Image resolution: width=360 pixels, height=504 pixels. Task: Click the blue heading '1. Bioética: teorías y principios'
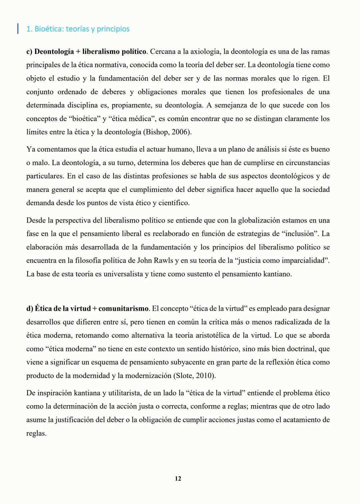click(x=78, y=29)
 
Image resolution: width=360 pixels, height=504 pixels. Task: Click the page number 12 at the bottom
click(x=178, y=478)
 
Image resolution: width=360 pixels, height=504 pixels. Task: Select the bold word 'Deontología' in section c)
click(x=54, y=52)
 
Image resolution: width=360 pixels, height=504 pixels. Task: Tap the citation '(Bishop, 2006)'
click(x=167, y=132)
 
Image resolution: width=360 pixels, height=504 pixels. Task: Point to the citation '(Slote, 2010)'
click(x=194, y=375)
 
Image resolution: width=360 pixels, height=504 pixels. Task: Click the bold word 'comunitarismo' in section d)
click(x=123, y=308)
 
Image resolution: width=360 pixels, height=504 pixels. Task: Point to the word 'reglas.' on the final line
click(x=36, y=433)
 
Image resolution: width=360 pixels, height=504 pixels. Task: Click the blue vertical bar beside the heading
click(x=18, y=28)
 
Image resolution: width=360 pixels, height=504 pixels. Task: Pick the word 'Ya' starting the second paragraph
click(x=31, y=149)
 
